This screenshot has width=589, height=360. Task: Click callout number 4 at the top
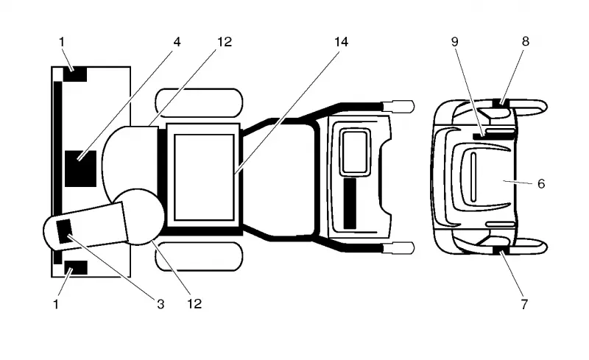point(177,42)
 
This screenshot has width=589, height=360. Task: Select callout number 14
point(341,42)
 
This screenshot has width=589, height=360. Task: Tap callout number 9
point(454,42)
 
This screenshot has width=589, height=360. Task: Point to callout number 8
point(526,41)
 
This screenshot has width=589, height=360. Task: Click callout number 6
point(541,183)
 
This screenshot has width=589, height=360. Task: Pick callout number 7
point(524,303)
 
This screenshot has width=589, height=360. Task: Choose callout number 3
point(161,303)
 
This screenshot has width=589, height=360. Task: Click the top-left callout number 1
point(62,42)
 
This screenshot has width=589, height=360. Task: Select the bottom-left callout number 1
point(56,303)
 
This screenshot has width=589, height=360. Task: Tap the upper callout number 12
point(225,42)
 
